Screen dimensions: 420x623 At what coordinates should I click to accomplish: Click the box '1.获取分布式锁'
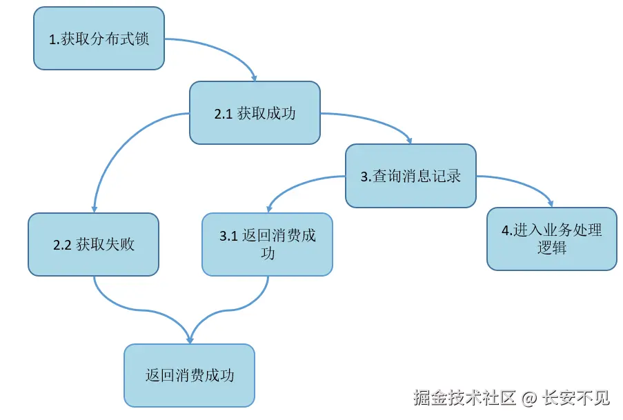click(x=99, y=39)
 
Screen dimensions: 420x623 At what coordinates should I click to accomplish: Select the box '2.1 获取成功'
click(x=255, y=113)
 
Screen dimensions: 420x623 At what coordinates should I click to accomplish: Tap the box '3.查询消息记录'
click(x=411, y=176)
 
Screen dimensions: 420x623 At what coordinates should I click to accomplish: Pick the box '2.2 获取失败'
click(x=93, y=244)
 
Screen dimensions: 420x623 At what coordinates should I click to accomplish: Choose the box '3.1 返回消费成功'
click(x=267, y=244)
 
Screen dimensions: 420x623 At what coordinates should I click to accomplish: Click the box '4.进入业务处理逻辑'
click(x=551, y=239)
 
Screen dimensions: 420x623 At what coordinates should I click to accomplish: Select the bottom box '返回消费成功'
click(x=189, y=375)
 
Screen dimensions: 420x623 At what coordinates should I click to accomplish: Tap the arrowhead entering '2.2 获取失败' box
click(x=94, y=209)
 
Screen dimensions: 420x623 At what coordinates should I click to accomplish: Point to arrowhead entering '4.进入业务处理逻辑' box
click(x=551, y=203)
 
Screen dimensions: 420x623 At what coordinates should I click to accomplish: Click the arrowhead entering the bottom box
click(x=190, y=339)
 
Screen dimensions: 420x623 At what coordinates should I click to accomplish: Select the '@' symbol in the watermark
click(x=528, y=399)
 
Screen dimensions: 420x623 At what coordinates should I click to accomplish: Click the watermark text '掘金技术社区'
click(x=464, y=399)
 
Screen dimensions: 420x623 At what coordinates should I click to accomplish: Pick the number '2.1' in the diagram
click(x=222, y=114)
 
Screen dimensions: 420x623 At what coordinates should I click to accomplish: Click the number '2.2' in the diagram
click(x=62, y=246)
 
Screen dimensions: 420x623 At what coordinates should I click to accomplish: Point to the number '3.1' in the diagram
click(x=228, y=237)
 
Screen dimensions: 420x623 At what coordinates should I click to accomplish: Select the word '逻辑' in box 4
click(x=552, y=248)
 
